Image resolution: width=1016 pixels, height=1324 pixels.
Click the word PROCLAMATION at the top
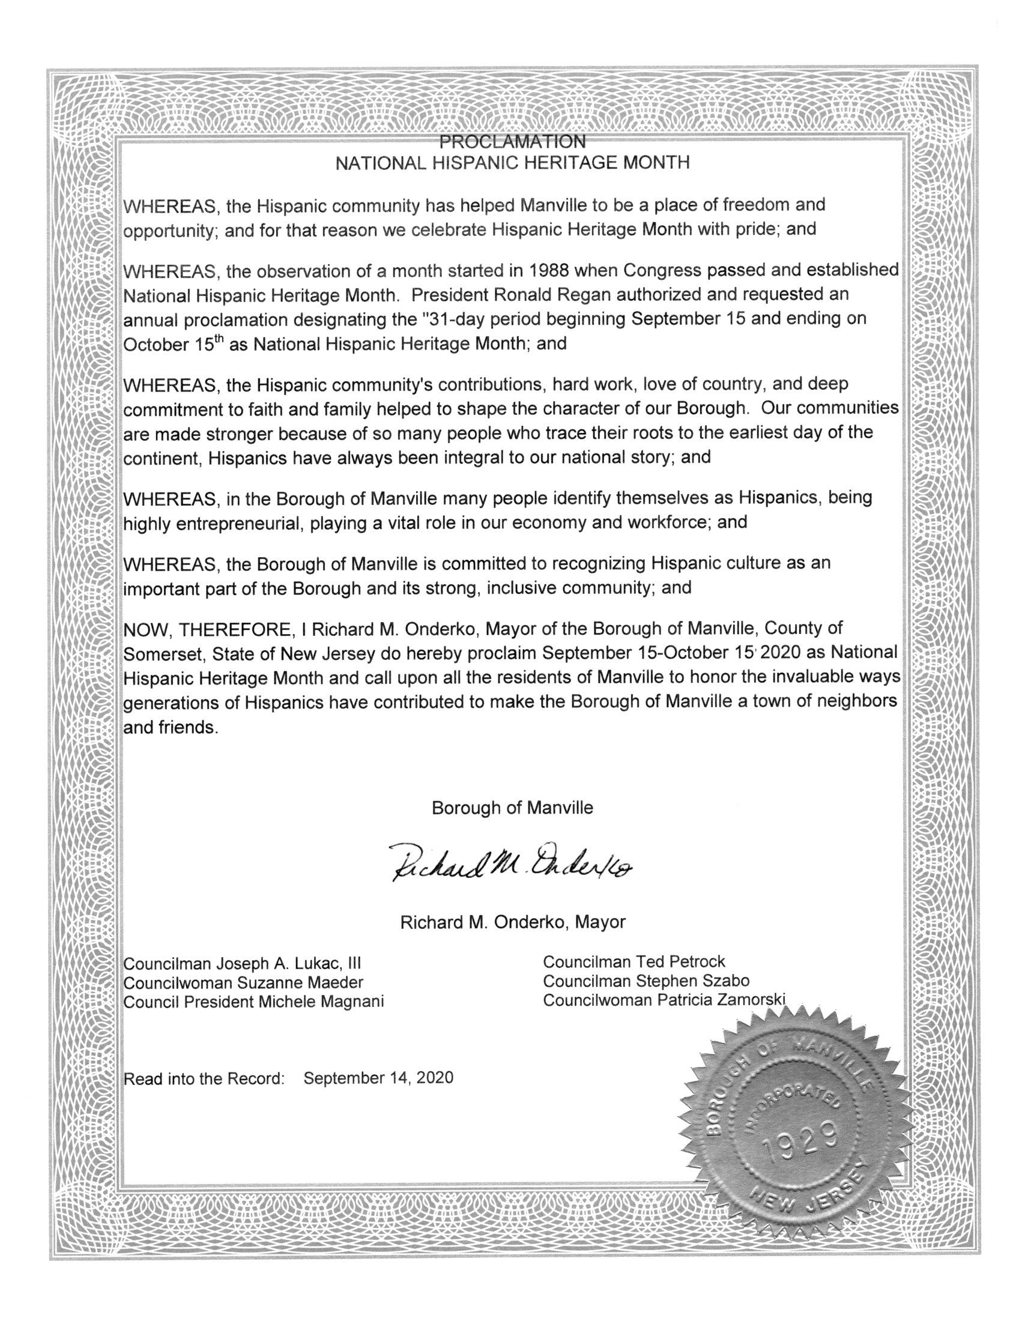point(512,142)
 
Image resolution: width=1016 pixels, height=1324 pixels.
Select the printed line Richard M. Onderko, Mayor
point(512,921)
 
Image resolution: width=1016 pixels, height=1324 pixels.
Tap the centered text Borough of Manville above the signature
point(512,808)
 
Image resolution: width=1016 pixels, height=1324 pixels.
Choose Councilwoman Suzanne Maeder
point(243,982)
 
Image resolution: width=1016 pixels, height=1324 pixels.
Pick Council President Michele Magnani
point(253,1002)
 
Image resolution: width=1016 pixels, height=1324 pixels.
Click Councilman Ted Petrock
point(633,961)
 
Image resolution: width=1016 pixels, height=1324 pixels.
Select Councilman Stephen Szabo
point(646,981)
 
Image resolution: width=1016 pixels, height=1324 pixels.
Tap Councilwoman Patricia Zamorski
point(664,1000)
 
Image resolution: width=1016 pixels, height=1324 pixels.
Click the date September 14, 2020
point(378,1078)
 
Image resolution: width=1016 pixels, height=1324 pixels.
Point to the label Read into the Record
point(204,1078)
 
